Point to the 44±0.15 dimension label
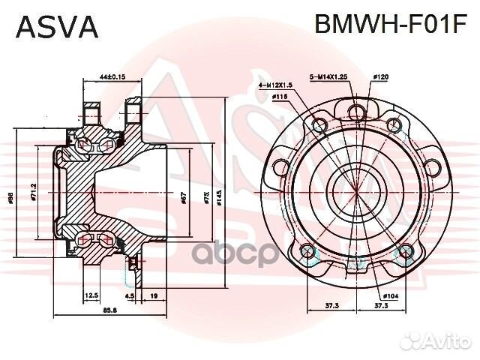(112, 76)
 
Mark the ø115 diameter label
(280, 97)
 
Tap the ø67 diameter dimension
(183, 198)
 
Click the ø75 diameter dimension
(207, 198)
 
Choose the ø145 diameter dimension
(219, 198)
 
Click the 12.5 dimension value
(92, 295)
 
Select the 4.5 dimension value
(130, 295)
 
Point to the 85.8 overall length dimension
(109, 310)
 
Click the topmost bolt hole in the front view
(357, 113)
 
